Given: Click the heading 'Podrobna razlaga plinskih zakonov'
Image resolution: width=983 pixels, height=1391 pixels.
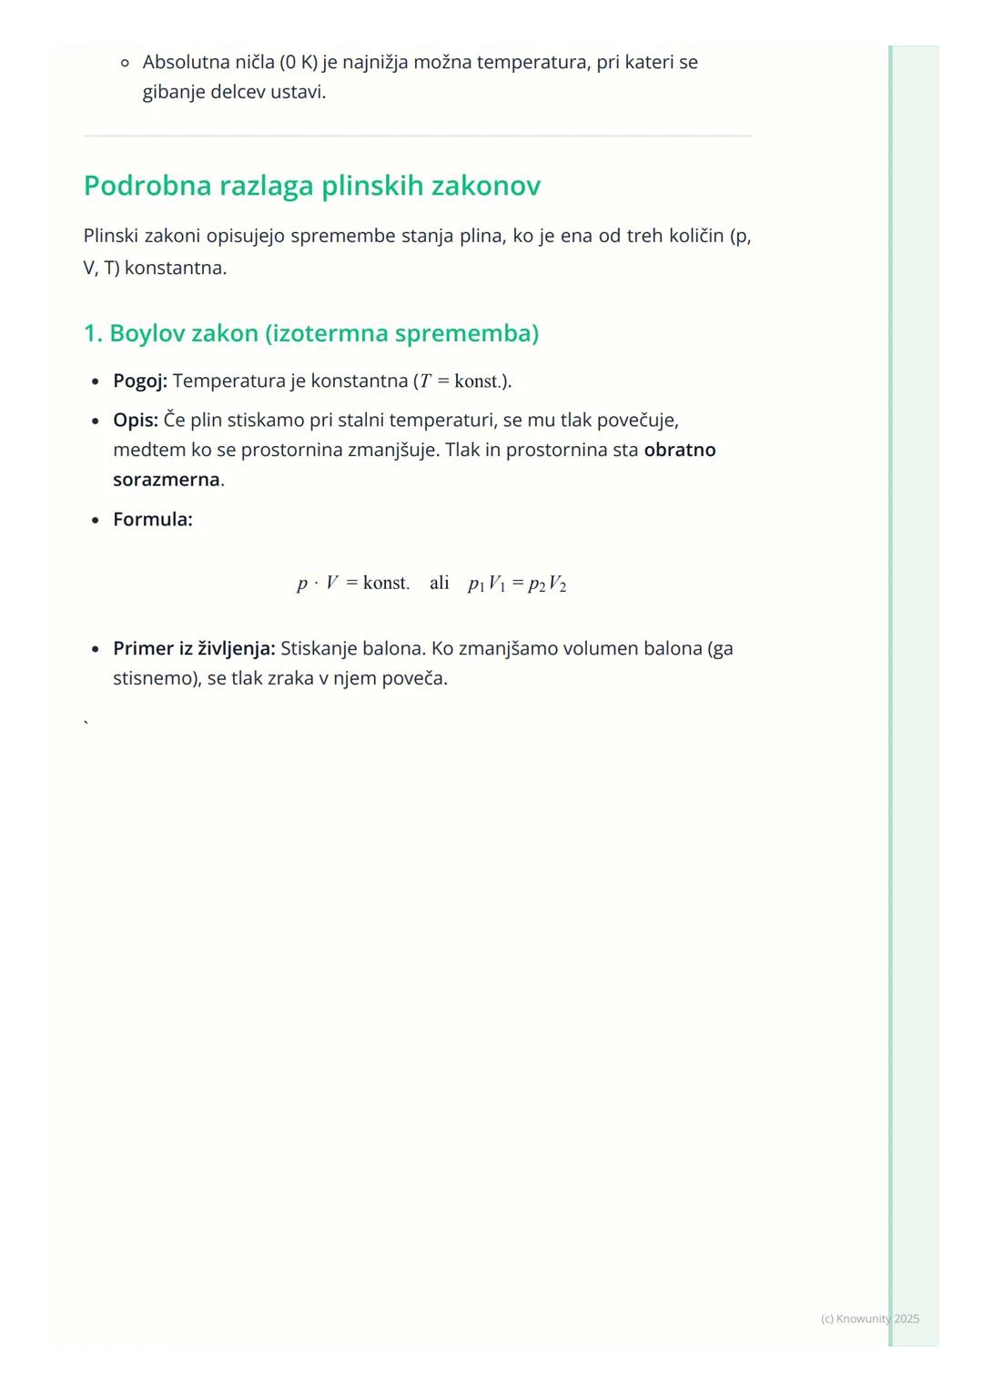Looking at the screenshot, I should coord(311,186).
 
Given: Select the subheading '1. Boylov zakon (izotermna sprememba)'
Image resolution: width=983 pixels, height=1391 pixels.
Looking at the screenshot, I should coord(310,333).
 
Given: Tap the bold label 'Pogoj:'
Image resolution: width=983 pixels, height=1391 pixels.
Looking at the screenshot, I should coord(140,381).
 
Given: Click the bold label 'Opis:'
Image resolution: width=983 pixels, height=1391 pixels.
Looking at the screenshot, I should coord(136,421).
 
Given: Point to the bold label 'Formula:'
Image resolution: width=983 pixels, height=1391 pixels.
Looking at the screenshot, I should coord(153,520).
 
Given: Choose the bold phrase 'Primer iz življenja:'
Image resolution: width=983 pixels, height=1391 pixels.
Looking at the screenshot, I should coord(194,649).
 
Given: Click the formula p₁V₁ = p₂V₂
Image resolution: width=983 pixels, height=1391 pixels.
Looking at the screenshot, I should coord(517,584).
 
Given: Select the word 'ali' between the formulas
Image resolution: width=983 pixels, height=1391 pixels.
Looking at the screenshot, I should coord(440,583).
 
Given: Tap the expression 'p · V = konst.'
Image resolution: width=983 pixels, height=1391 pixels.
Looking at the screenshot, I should coord(353,583).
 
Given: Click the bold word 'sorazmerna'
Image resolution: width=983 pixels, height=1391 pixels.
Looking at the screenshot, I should coord(167,480).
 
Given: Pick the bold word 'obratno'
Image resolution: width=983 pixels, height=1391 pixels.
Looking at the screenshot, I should coord(680,450).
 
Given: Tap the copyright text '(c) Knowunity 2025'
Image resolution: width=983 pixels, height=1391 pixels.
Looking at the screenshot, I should coord(869,1318).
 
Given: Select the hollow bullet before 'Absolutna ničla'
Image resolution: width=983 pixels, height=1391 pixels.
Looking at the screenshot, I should coord(126,63).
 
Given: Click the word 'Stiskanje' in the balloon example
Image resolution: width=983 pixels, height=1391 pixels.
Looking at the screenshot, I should coord(319,649).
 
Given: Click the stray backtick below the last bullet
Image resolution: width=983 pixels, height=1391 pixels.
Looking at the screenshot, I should coord(86,724).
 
